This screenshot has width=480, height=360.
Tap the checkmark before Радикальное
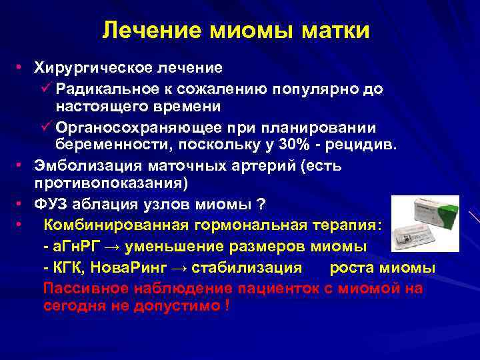(x=47, y=88)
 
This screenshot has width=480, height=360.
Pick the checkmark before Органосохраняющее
(x=47, y=127)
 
